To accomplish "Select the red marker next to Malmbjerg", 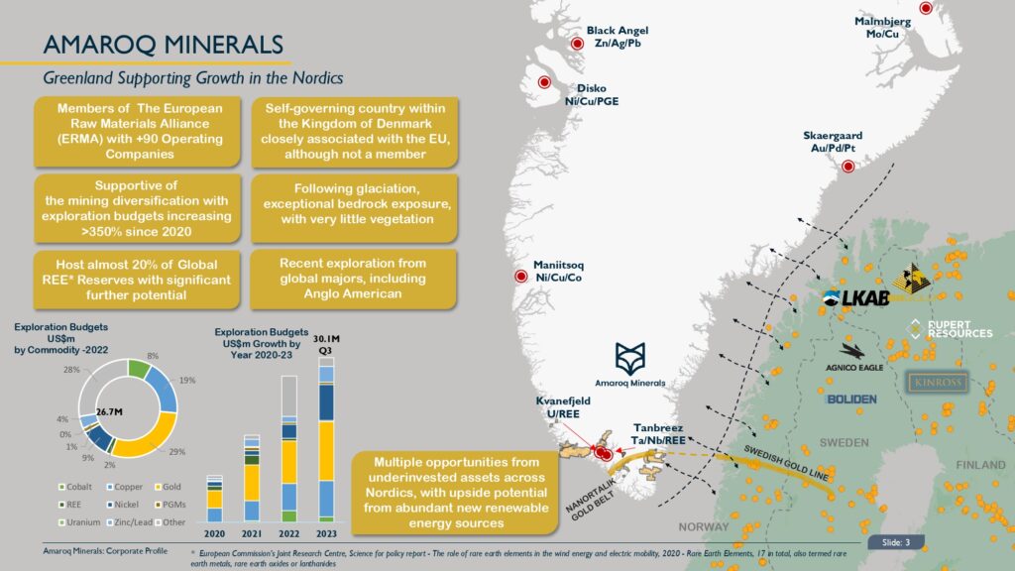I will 926,9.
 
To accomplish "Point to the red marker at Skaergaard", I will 847,168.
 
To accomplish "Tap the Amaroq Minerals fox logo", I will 630,358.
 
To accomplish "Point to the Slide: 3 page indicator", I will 897,542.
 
